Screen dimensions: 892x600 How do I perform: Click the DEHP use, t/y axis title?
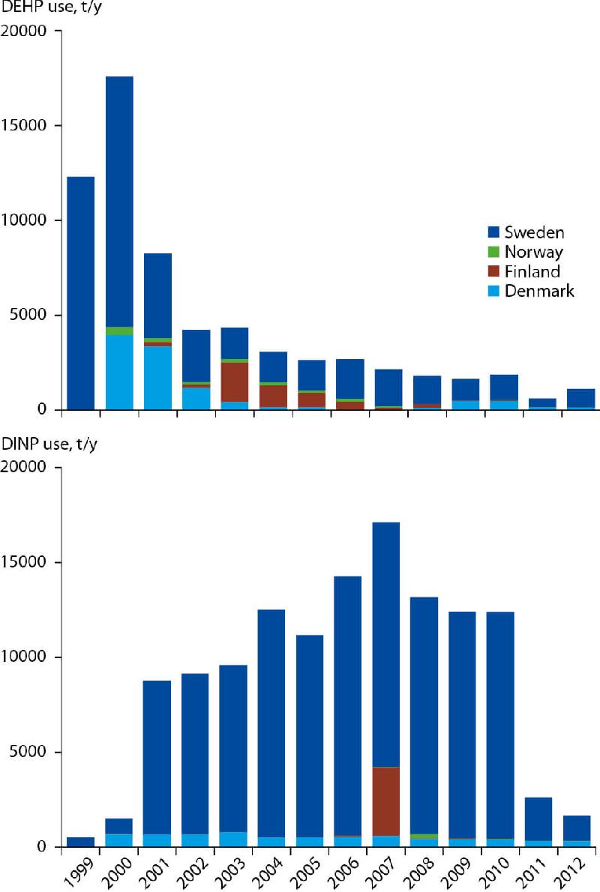point(50,10)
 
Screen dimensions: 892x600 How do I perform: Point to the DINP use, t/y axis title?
point(49,446)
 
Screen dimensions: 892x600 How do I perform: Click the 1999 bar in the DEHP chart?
point(81,293)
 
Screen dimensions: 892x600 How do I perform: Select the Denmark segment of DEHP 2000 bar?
point(119,373)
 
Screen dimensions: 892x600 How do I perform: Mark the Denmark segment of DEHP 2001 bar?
point(157,378)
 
